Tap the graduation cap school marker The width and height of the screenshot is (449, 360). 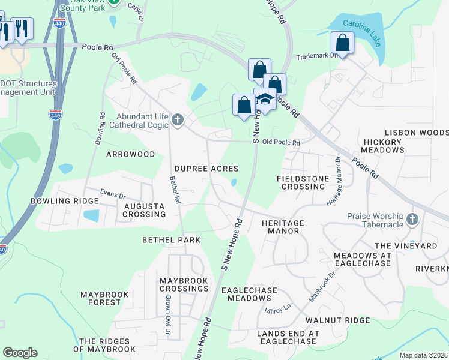(x=264, y=100)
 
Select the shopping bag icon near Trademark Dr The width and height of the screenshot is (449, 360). (x=342, y=43)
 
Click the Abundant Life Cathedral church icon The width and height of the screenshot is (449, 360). (x=177, y=120)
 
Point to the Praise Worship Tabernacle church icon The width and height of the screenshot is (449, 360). (x=412, y=220)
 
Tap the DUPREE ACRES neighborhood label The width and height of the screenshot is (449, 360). (x=206, y=169)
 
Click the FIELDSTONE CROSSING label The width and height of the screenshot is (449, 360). (x=301, y=182)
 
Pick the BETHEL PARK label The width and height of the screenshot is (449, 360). (x=171, y=239)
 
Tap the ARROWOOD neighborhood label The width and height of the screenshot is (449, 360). (x=130, y=154)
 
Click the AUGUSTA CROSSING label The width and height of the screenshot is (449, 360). (x=144, y=210)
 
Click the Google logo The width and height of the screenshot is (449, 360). (x=20, y=353)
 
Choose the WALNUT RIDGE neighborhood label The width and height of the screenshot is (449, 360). (x=337, y=320)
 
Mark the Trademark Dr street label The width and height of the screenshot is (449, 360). (x=314, y=57)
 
